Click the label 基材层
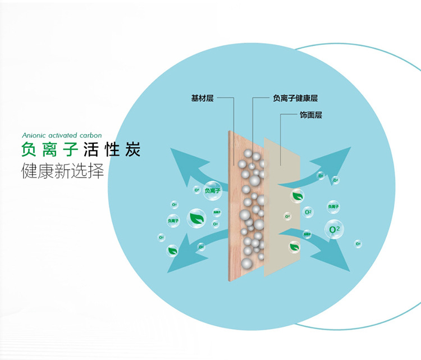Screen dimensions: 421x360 pyautogui.click(x=202, y=98)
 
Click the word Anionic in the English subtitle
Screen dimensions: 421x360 pyautogui.click(x=35, y=136)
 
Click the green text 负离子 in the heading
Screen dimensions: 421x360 pyautogui.click(x=48, y=151)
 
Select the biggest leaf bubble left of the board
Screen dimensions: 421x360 pyautogui.click(x=196, y=218)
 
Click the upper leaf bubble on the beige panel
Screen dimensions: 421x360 pyautogui.click(x=297, y=196)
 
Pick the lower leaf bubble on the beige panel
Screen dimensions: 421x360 pyautogui.click(x=294, y=246)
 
